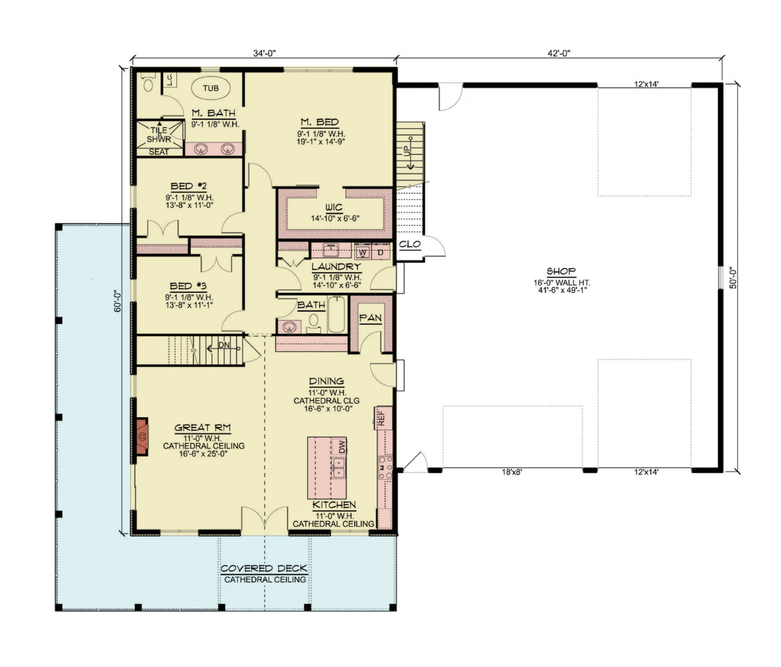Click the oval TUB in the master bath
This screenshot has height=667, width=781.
(x=210, y=88)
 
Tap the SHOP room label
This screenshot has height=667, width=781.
(x=561, y=271)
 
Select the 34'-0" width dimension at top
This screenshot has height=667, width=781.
(x=264, y=54)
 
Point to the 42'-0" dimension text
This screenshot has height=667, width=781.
(x=559, y=54)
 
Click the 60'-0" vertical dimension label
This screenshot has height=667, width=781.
(x=118, y=301)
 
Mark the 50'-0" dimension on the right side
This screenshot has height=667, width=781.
(x=733, y=278)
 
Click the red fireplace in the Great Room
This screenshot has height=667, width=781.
(x=142, y=437)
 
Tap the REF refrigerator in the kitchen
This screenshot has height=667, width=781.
(x=382, y=418)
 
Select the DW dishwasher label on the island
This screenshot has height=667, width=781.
(x=342, y=446)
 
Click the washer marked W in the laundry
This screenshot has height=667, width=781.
(x=363, y=253)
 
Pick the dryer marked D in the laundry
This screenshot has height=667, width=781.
(x=380, y=253)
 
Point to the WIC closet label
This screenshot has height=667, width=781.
(x=334, y=207)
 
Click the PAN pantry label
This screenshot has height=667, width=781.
(x=370, y=318)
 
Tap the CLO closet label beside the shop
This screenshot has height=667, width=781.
(x=410, y=244)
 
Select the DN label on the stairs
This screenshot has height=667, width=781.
(x=224, y=345)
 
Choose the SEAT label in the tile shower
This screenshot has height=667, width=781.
(x=159, y=152)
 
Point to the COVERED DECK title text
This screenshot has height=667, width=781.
(x=264, y=569)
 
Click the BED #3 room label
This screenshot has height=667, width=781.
(x=188, y=286)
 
